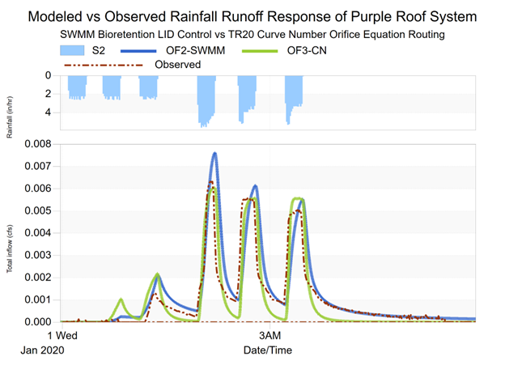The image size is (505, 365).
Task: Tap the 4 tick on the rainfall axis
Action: (48, 112)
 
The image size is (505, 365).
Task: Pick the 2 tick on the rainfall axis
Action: (48, 94)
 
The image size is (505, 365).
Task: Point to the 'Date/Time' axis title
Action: (267, 350)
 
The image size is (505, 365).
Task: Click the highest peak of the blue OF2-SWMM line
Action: (214, 153)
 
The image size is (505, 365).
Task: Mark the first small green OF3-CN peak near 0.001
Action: (121, 299)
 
